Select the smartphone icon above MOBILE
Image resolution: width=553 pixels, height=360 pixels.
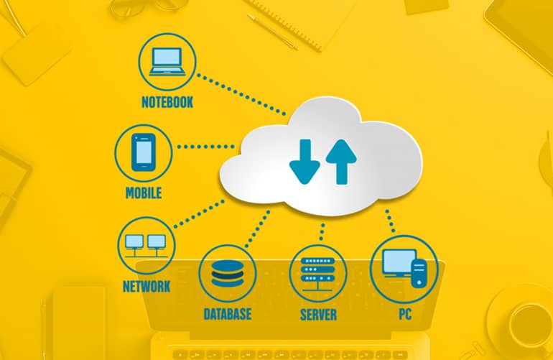144,151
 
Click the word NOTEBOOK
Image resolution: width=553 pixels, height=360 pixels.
167,102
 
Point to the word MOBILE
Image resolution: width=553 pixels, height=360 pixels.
144,193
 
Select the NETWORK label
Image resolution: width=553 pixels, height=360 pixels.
146,287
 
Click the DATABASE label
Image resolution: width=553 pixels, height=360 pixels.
227,314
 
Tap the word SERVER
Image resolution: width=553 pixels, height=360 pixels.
318,314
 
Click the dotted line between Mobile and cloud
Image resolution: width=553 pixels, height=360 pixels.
205,147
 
